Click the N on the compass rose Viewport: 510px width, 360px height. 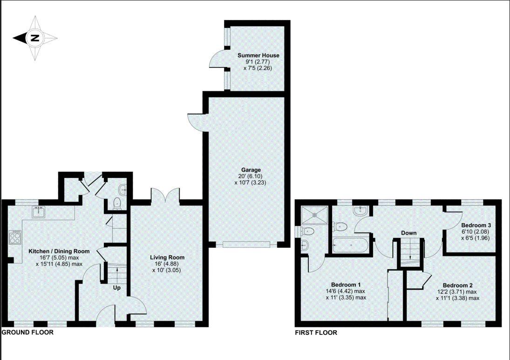[x=34, y=39]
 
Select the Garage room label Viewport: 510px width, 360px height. [x=251, y=170]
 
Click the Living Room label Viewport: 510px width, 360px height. [x=167, y=257]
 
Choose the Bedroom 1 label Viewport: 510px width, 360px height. [x=346, y=285]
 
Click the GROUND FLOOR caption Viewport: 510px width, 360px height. [x=28, y=333]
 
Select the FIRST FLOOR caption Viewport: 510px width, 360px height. [x=316, y=333]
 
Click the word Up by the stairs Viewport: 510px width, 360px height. [x=117, y=288]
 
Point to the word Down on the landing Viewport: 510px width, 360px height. [x=409, y=233]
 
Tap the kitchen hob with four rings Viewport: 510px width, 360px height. [x=15, y=238]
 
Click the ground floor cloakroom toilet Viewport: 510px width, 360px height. [x=117, y=203]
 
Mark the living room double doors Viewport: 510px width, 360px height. [x=165, y=196]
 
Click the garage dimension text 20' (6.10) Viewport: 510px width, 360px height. [x=251, y=177]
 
